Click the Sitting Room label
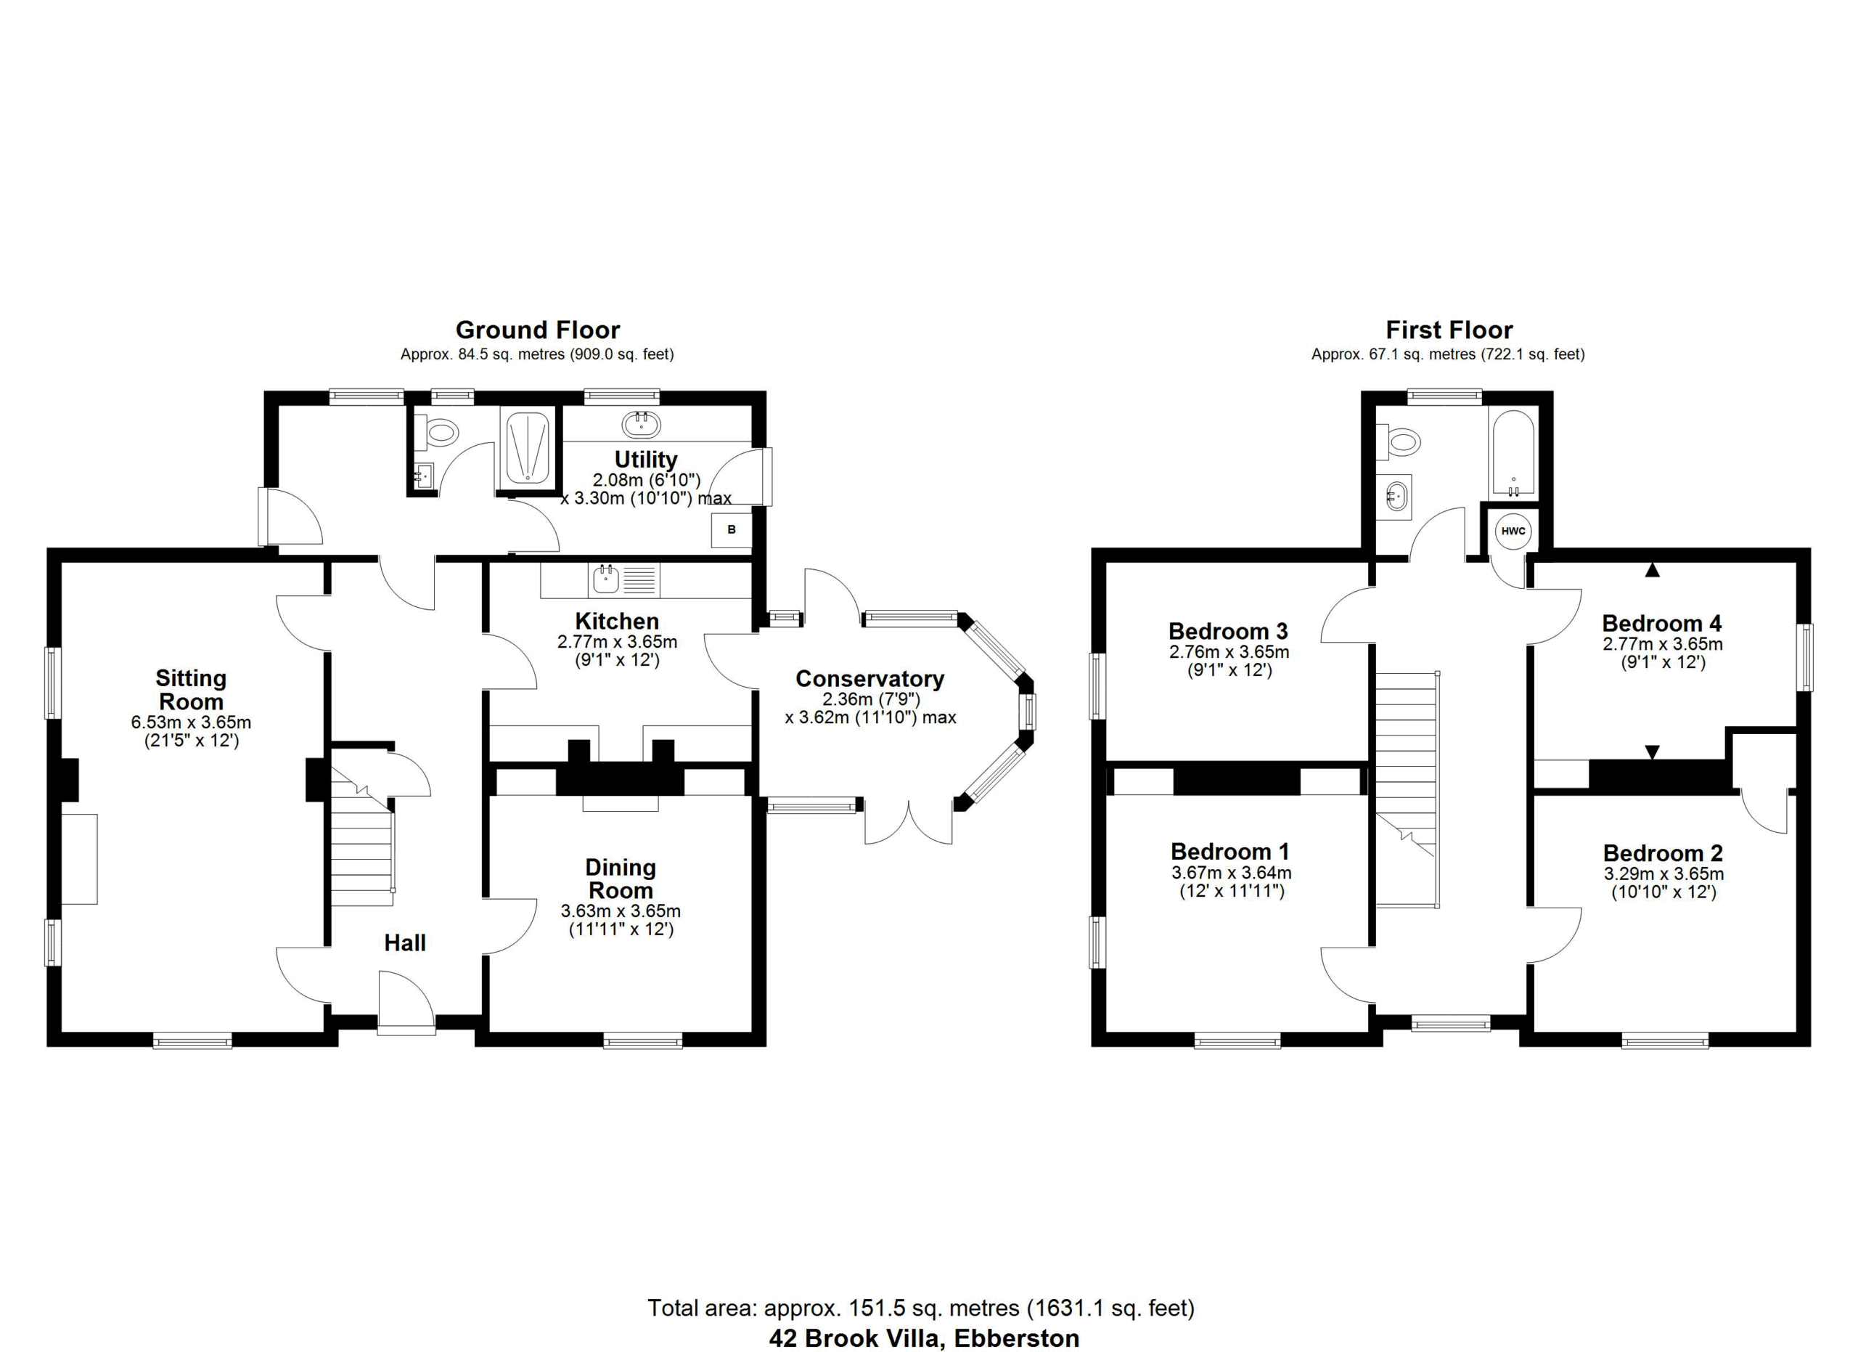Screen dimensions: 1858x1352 point(191,690)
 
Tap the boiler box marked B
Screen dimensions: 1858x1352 point(731,529)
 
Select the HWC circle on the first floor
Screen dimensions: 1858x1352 point(1513,531)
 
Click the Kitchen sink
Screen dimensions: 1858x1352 point(606,579)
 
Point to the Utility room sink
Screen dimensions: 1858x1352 point(642,425)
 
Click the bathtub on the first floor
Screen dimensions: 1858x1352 point(1513,453)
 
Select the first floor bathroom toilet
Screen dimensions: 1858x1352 point(1398,442)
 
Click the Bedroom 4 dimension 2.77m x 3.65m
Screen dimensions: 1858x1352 point(1662,644)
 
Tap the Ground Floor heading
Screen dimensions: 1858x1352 point(537,330)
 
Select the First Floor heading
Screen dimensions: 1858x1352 point(1449,330)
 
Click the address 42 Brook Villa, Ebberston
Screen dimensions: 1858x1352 point(923,1338)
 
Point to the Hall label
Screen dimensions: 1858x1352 point(405,942)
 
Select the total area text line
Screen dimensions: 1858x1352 point(921,1308)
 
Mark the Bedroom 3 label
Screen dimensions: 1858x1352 point(1228,631)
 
